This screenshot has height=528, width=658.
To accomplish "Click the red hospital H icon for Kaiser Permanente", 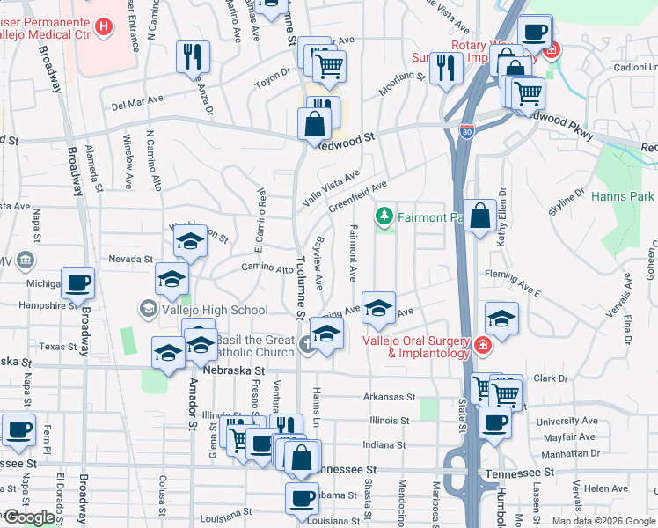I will pos(105,26).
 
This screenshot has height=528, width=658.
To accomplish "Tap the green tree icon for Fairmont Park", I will pos(384,216).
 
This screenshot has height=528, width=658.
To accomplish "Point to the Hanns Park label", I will pos(623,196).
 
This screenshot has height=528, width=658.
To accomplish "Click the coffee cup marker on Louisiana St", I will pos(302,498).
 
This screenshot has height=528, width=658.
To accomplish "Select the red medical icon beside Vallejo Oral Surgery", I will pos(481,345).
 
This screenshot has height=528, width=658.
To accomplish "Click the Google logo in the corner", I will pos(29,517).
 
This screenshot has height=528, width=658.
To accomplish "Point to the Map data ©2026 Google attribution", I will pos(603,521).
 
